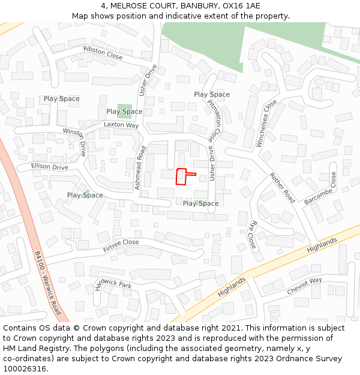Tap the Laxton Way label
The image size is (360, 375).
[121, 125]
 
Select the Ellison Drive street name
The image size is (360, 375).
[50, 167]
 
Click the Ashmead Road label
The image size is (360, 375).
[140, 169]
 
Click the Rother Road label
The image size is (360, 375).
[282, 187]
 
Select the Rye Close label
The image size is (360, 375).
[253, 235]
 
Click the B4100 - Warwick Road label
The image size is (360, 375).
[47, 283]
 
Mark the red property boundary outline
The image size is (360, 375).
[181, 176]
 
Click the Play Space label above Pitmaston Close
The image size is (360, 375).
[212, 94]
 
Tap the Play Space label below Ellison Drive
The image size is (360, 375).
[85, 195]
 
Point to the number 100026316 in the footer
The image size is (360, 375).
[25, 369]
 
